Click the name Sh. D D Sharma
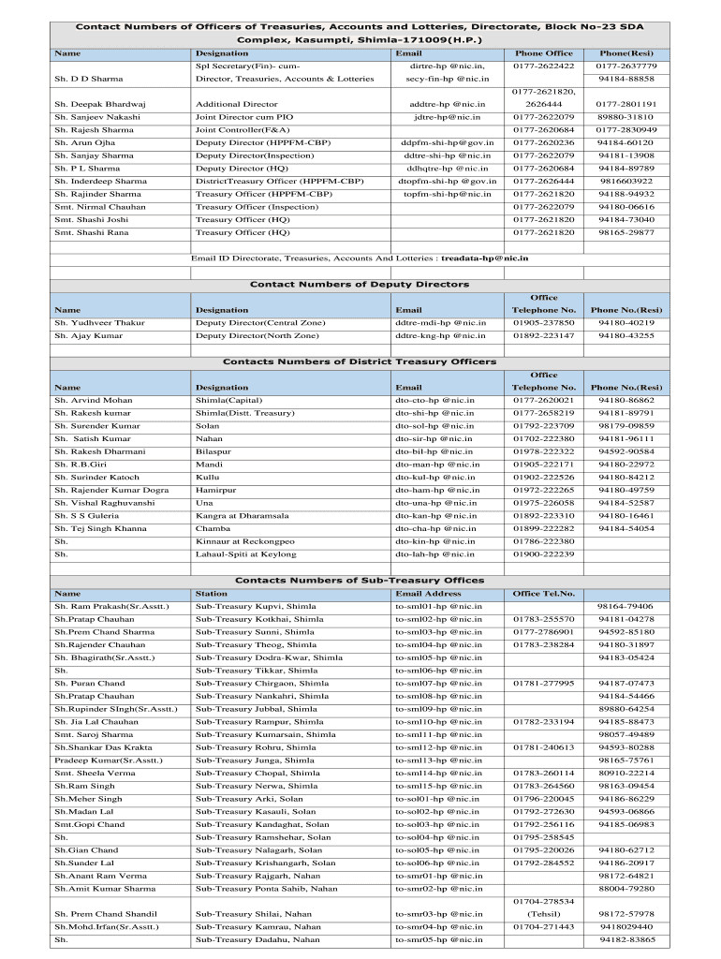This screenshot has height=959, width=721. click(x=82, y=80)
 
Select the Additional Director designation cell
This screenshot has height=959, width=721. click(x=236, y=105)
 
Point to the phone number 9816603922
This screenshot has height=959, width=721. click(x=626, y=181)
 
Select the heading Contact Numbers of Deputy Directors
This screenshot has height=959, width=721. click(x=360, y=284)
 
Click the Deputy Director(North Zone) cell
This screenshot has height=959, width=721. click(x=257, y=335)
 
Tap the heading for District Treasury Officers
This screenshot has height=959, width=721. click(x=360, y=361)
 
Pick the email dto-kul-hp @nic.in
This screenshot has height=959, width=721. click(x=434, y=477)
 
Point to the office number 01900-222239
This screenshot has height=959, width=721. click(x=543, y=554)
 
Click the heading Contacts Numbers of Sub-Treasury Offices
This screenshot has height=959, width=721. click(x=360, y=581)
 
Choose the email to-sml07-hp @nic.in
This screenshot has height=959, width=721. click(x=438, y=684)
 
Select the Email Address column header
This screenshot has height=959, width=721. click(x=428, y=594)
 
